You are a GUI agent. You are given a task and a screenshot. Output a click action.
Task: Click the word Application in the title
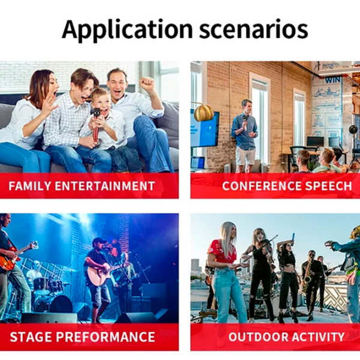coord(127,30)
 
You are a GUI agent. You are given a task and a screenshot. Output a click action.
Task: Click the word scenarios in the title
coord(253,30)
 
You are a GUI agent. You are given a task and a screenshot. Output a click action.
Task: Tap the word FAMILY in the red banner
coord(29,186)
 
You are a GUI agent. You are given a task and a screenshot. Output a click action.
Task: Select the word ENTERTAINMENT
coord(104,186)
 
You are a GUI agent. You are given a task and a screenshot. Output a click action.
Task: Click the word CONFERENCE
coord(262,186)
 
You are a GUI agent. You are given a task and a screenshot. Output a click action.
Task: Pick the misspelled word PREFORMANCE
coord(106,337)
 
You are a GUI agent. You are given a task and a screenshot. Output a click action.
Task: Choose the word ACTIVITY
coord(316,337)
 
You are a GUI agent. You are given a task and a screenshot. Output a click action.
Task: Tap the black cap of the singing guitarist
coord(100,241)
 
